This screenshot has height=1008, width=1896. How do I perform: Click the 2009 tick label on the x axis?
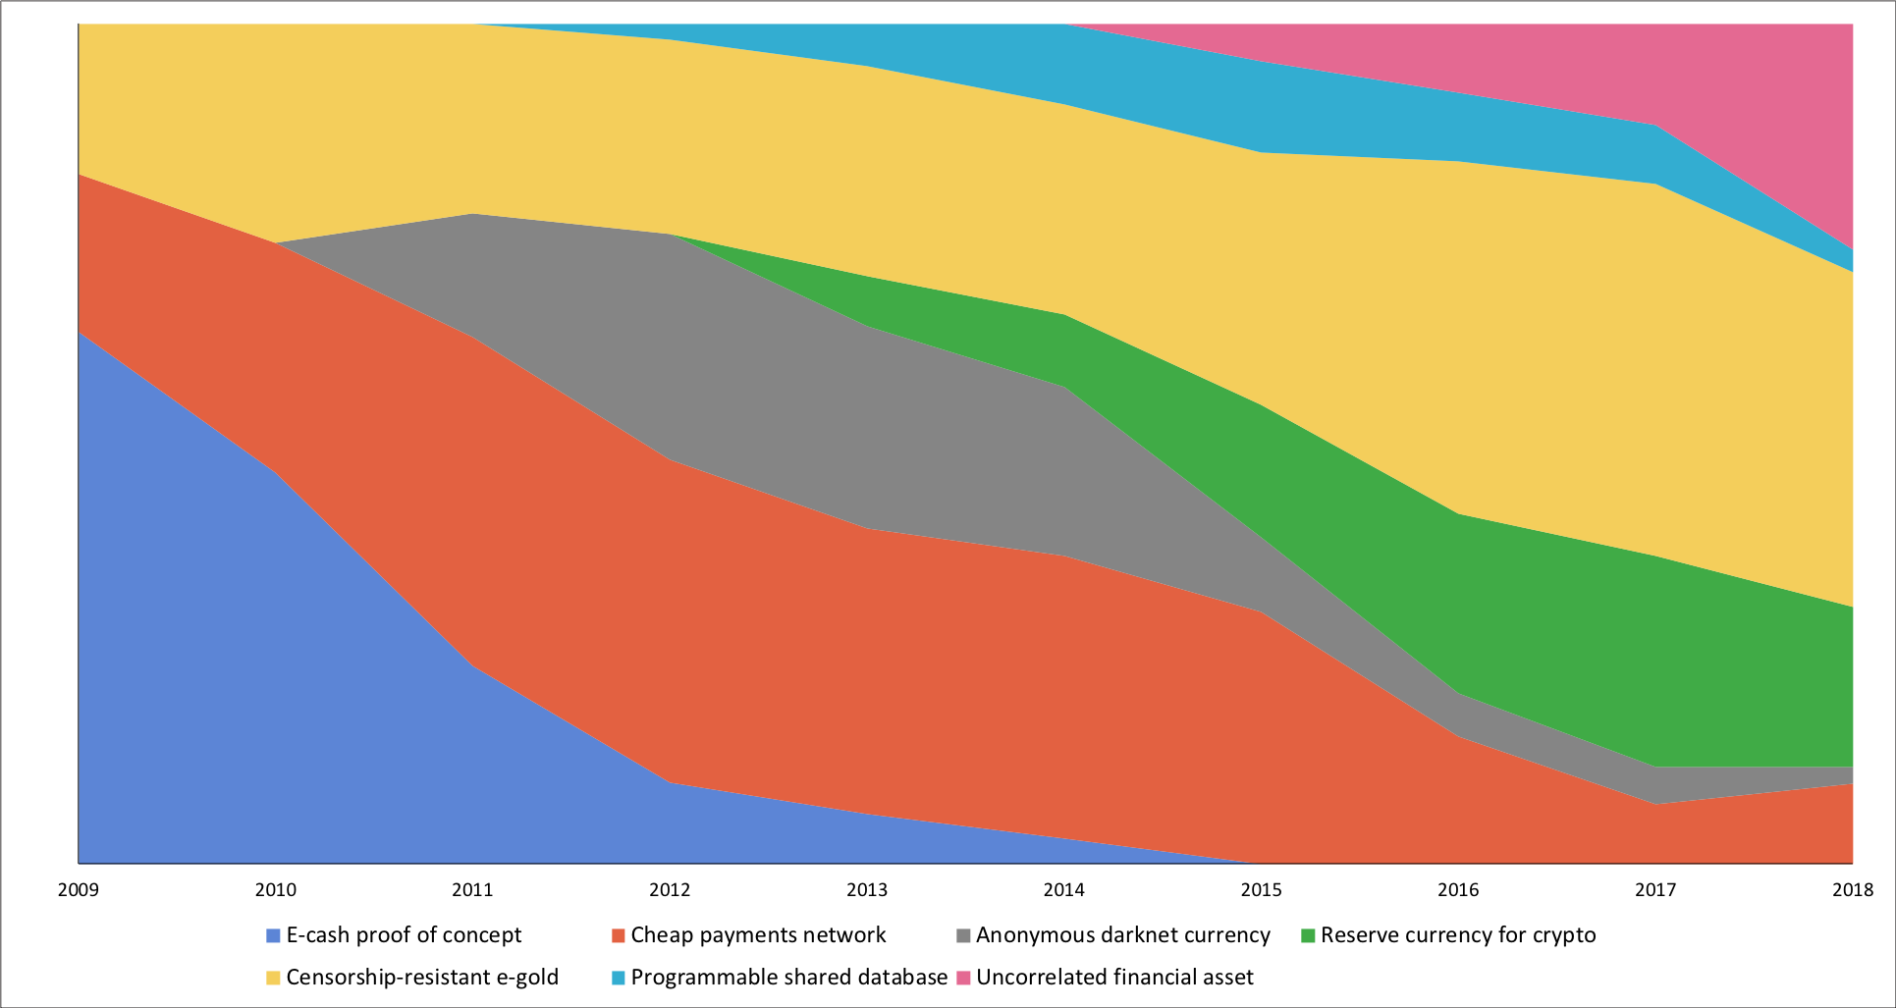coord(78,890)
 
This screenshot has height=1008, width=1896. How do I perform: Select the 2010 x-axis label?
coord(275,890)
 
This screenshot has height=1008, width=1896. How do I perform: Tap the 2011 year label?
coord(472,890)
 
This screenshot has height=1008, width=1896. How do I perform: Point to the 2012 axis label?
coord(670,890)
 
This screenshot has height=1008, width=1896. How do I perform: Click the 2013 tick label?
coord(867,890)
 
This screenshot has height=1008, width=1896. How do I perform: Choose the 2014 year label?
coord(1064,890)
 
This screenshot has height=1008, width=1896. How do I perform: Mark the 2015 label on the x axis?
coord(1262,890)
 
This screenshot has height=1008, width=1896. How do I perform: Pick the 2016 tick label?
coord(1458,890)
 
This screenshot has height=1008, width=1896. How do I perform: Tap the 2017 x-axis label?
coord(1655,890)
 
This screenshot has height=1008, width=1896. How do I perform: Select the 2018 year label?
coord(1852,890)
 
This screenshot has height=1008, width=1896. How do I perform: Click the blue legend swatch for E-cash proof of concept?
coord(273,935)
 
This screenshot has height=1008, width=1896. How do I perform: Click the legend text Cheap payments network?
coord(758,935)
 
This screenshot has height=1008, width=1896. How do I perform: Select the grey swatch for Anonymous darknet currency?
coord(963,935)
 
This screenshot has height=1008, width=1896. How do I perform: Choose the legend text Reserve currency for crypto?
coord(1458,935)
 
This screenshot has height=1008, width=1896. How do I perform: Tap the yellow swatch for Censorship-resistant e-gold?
coord(273,978)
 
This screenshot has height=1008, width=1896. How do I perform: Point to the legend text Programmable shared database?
coord(788,978)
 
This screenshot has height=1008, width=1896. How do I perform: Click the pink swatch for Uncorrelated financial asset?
coord(963,978)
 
